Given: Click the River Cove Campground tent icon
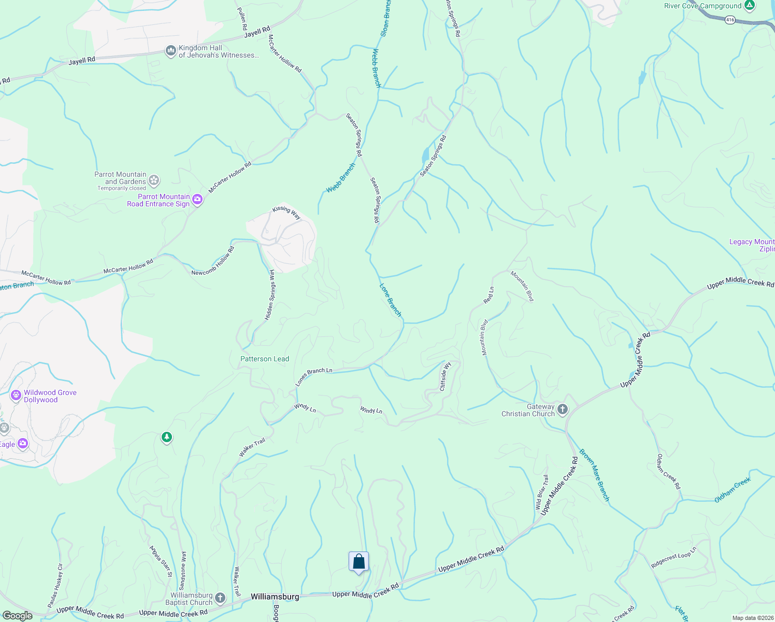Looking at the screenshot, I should coord(749,6).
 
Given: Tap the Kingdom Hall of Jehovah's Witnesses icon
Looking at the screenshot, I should coord(170,51).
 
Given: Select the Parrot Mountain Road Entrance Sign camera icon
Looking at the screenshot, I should coord(197,200).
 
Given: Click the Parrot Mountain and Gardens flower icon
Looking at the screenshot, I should coord(154,180).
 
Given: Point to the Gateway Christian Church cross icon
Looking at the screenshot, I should coord(562,409).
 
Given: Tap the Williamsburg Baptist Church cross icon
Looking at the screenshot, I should coord(220,599).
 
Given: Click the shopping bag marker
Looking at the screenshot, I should coord(358,562).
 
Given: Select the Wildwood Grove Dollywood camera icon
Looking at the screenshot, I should coord(16,396).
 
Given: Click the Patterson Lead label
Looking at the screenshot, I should coord(265,359).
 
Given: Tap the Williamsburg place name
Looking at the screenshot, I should coord(275,597).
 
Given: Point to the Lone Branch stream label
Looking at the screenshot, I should coord(391,300).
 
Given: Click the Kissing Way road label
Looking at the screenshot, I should coord(286,213).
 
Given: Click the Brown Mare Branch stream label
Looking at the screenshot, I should coord(594,475).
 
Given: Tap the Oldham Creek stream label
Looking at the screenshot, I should coord(733,490).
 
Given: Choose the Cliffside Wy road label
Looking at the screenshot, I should coord(445,377).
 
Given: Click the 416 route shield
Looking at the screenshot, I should coord(730,20).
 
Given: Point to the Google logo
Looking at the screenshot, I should coord(18,616).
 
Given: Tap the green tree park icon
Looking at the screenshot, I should coord(166,438).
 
